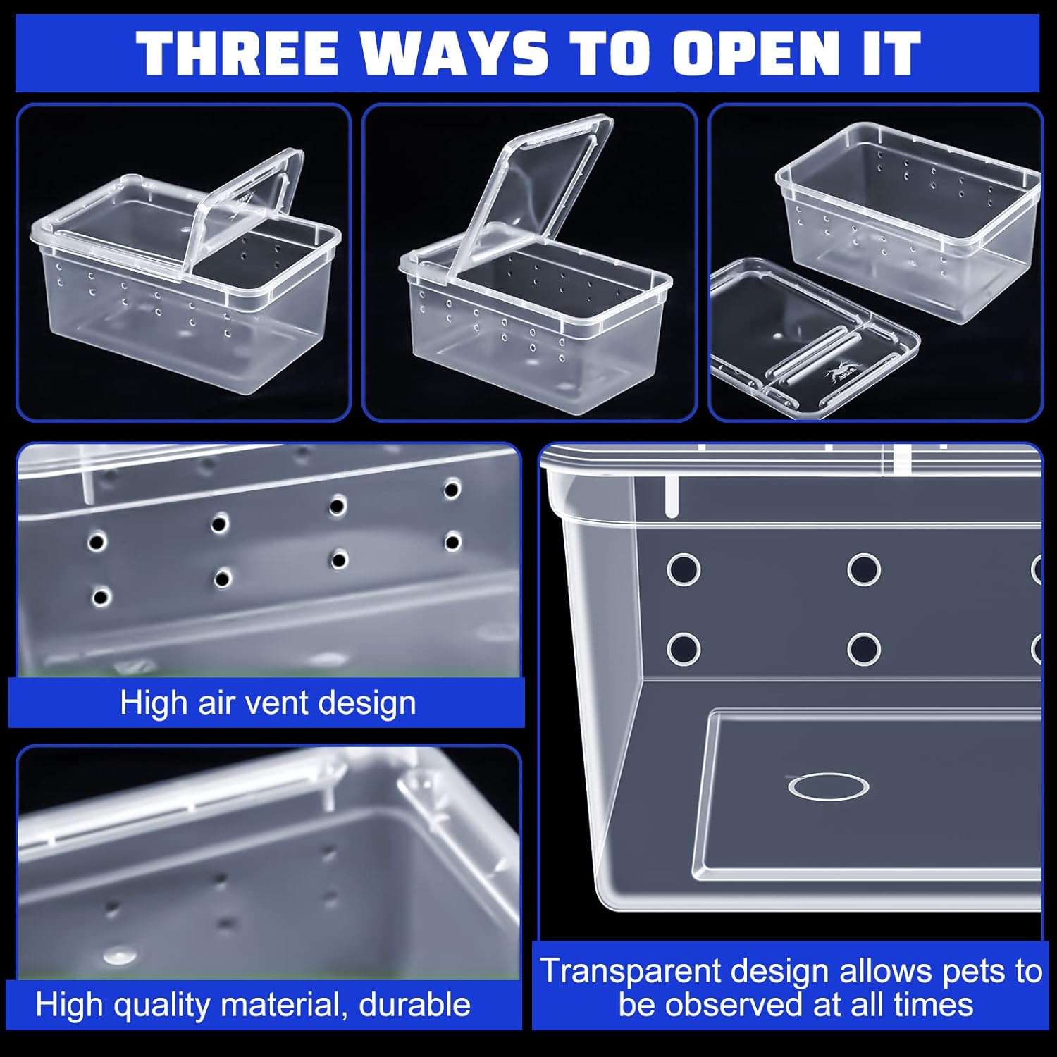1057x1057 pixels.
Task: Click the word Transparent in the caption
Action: pos(631,971)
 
